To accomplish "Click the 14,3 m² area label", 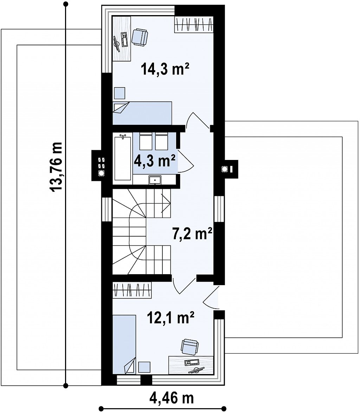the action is (165, 69).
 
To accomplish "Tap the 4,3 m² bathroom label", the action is (154, 161).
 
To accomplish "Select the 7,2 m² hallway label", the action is (192, 233).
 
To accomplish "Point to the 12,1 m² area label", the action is (171, 317).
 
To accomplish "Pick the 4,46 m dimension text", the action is (172, 398).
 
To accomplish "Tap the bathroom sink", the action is (155, 180).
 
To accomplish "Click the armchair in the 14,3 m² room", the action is (140, 37).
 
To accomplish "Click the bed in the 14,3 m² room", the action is (142, 113).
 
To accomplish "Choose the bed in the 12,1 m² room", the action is (124, 345).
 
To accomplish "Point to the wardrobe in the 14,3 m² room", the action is (194, 25).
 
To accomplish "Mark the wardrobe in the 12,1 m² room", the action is (132, 290).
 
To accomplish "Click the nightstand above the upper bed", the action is (120, 93).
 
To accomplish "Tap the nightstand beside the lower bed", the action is (144, 367).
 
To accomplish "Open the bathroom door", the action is (186, 161).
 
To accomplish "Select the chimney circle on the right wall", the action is (225, 169).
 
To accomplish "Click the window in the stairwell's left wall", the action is (107, 209).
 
